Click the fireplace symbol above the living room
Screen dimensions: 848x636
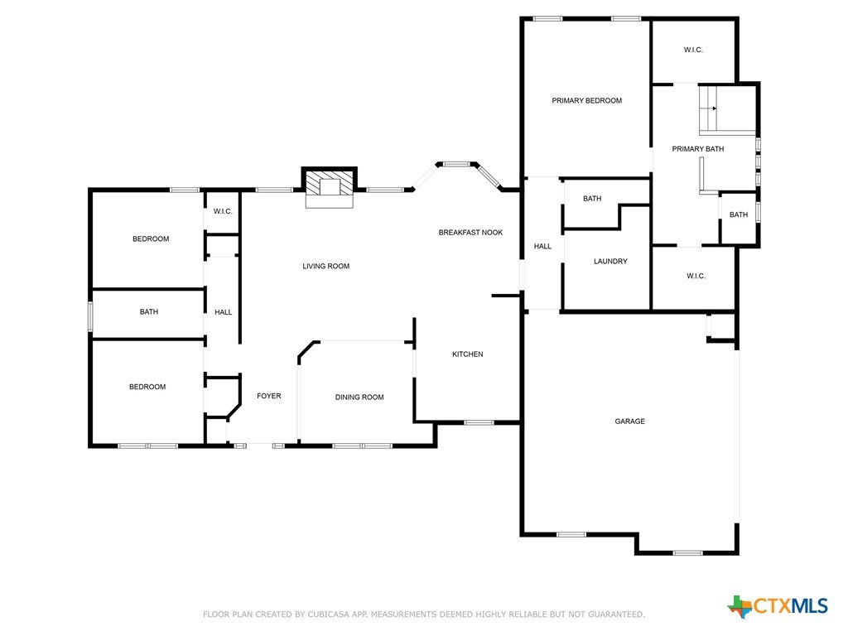click(330, 187)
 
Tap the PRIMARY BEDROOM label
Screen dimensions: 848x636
click(586, 100)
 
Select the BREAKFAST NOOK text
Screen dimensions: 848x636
click(470, 233)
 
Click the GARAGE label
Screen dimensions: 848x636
click(629, 422)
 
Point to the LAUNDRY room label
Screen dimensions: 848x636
click(610, 261)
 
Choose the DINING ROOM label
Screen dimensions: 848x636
click(359, 397)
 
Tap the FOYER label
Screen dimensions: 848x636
click(269, 396)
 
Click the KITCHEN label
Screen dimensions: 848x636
click(467, 354)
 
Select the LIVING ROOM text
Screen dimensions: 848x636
click(325, 266)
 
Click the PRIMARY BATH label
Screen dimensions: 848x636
click(697, 149)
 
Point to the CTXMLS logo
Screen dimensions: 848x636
click(778, 606)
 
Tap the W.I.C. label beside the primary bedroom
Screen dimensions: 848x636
click(693, 50)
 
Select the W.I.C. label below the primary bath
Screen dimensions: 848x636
click(696, 276)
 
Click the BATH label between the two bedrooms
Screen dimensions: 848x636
click(149, 311)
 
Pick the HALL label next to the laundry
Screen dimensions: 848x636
click(542, 246)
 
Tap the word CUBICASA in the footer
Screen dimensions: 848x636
click(329, 614)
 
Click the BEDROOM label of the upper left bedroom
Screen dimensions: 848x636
click(151, 238)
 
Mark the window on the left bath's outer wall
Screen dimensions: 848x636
click(91, 317)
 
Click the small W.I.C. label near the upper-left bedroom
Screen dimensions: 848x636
click(222, 211)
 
